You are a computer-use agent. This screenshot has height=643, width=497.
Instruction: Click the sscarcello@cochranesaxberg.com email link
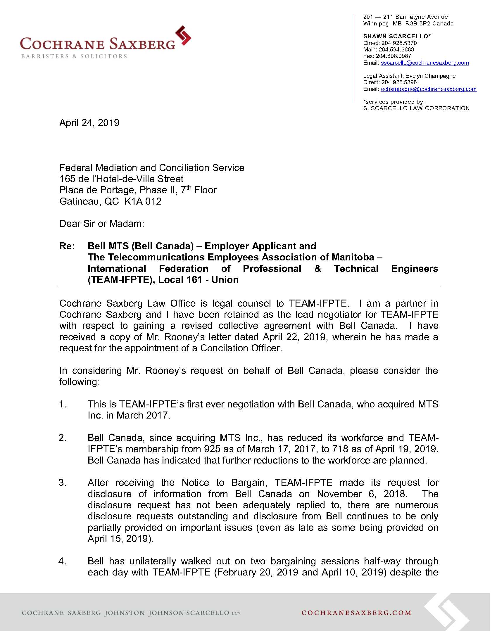pos(424,63)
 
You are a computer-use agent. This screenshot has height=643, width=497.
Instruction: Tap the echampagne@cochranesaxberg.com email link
pos(428,89)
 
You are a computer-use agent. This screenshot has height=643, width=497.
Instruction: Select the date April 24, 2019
pos(89,123)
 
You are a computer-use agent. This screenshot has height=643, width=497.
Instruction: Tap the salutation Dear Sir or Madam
pos(101,224)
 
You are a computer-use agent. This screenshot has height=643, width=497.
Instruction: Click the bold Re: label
pos(67,246)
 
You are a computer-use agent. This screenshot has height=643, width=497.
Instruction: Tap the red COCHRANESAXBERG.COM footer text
pos(356,613)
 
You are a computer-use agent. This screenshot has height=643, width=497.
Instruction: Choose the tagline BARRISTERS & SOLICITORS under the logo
pos(74,56)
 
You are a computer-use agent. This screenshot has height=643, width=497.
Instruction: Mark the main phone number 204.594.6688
pos(396,49)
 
